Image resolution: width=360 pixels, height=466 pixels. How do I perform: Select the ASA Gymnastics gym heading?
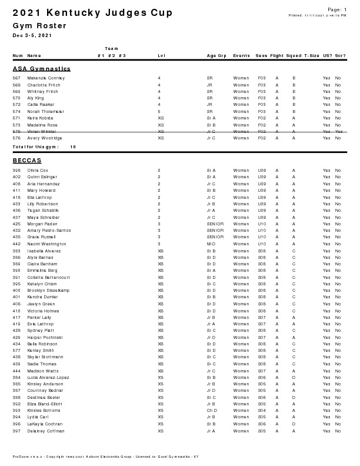pos(42,69)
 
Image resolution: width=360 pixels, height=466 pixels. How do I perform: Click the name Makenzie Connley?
pos(46,78)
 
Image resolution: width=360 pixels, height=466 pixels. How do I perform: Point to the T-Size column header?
pos(311,56)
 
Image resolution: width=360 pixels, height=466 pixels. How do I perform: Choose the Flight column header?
pos(276,56)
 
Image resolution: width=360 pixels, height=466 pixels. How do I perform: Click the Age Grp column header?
pos(216,56)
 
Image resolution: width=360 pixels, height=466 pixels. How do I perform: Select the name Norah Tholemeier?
pos(45,111)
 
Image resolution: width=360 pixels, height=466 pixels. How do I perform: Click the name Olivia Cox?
pos(38,170)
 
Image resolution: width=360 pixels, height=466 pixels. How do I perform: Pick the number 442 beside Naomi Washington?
pos(16,244)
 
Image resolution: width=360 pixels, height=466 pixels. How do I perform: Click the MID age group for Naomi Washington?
pos(210,244)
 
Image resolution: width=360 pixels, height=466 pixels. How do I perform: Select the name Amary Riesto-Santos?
pos(49,230)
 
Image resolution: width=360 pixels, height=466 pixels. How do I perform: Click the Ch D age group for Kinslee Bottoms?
pos(211,411)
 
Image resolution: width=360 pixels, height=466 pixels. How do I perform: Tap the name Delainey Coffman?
pos(45,431)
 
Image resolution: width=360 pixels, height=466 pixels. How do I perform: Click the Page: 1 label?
pos(336,9)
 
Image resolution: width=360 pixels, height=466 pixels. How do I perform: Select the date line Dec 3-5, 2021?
pos(32,36)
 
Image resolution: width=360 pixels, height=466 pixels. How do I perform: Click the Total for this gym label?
pos(35,147)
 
